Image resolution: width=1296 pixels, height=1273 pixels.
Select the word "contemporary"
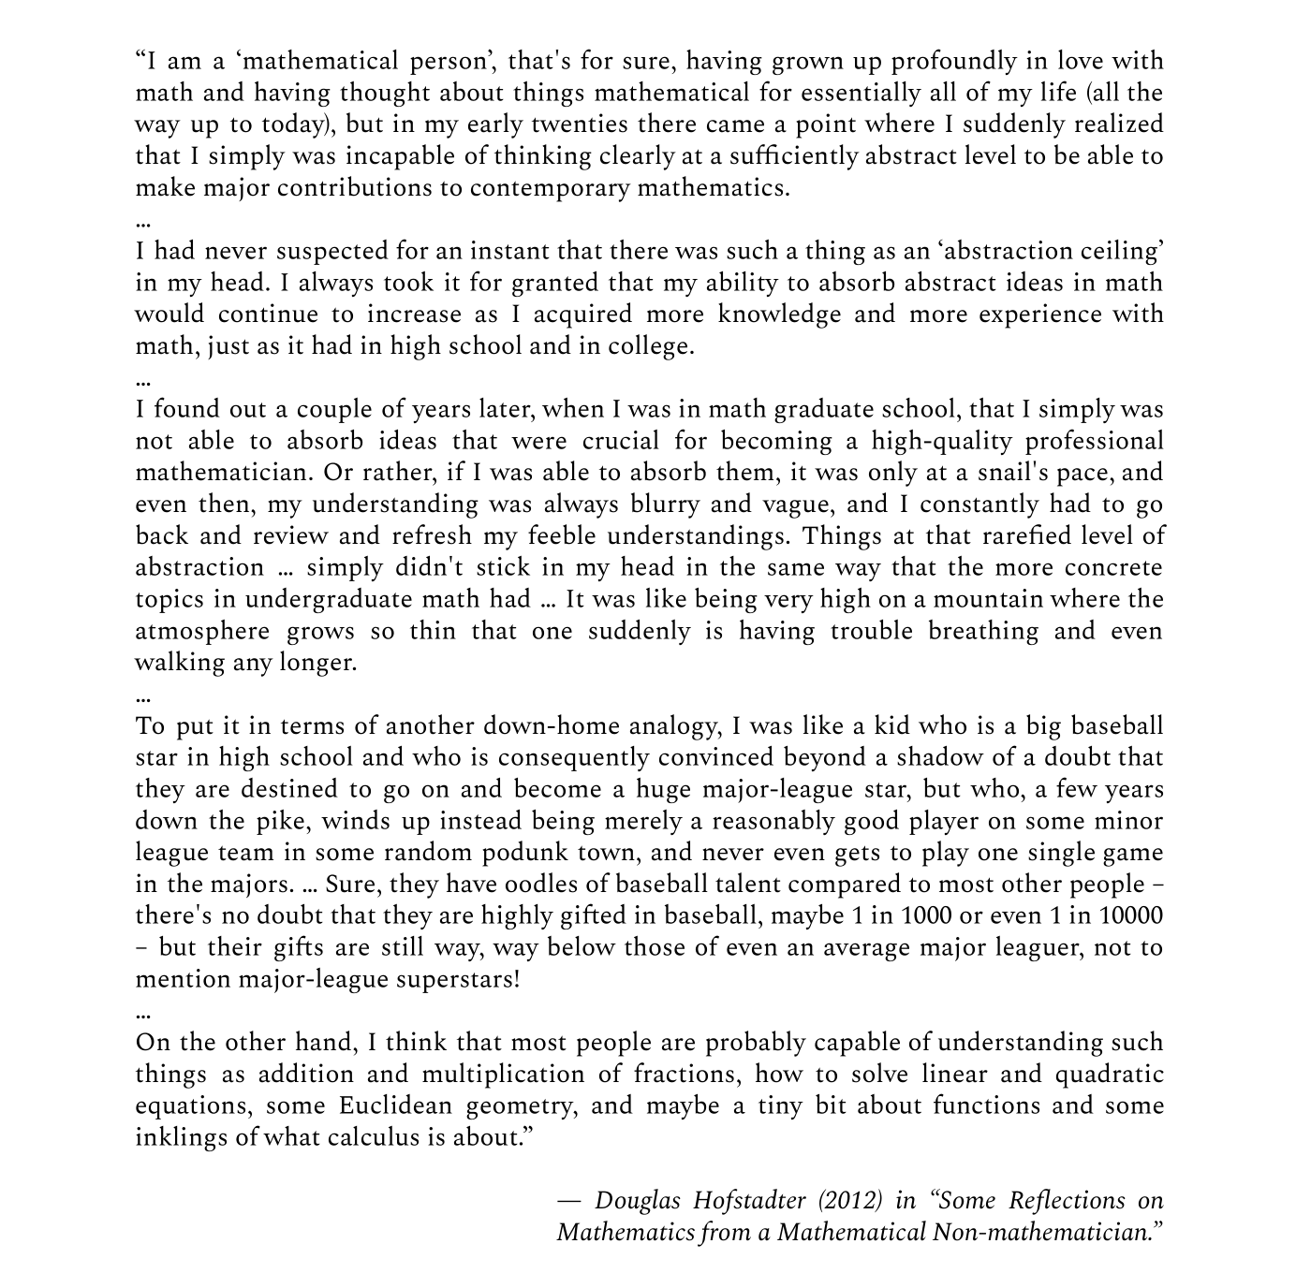point(550,188)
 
